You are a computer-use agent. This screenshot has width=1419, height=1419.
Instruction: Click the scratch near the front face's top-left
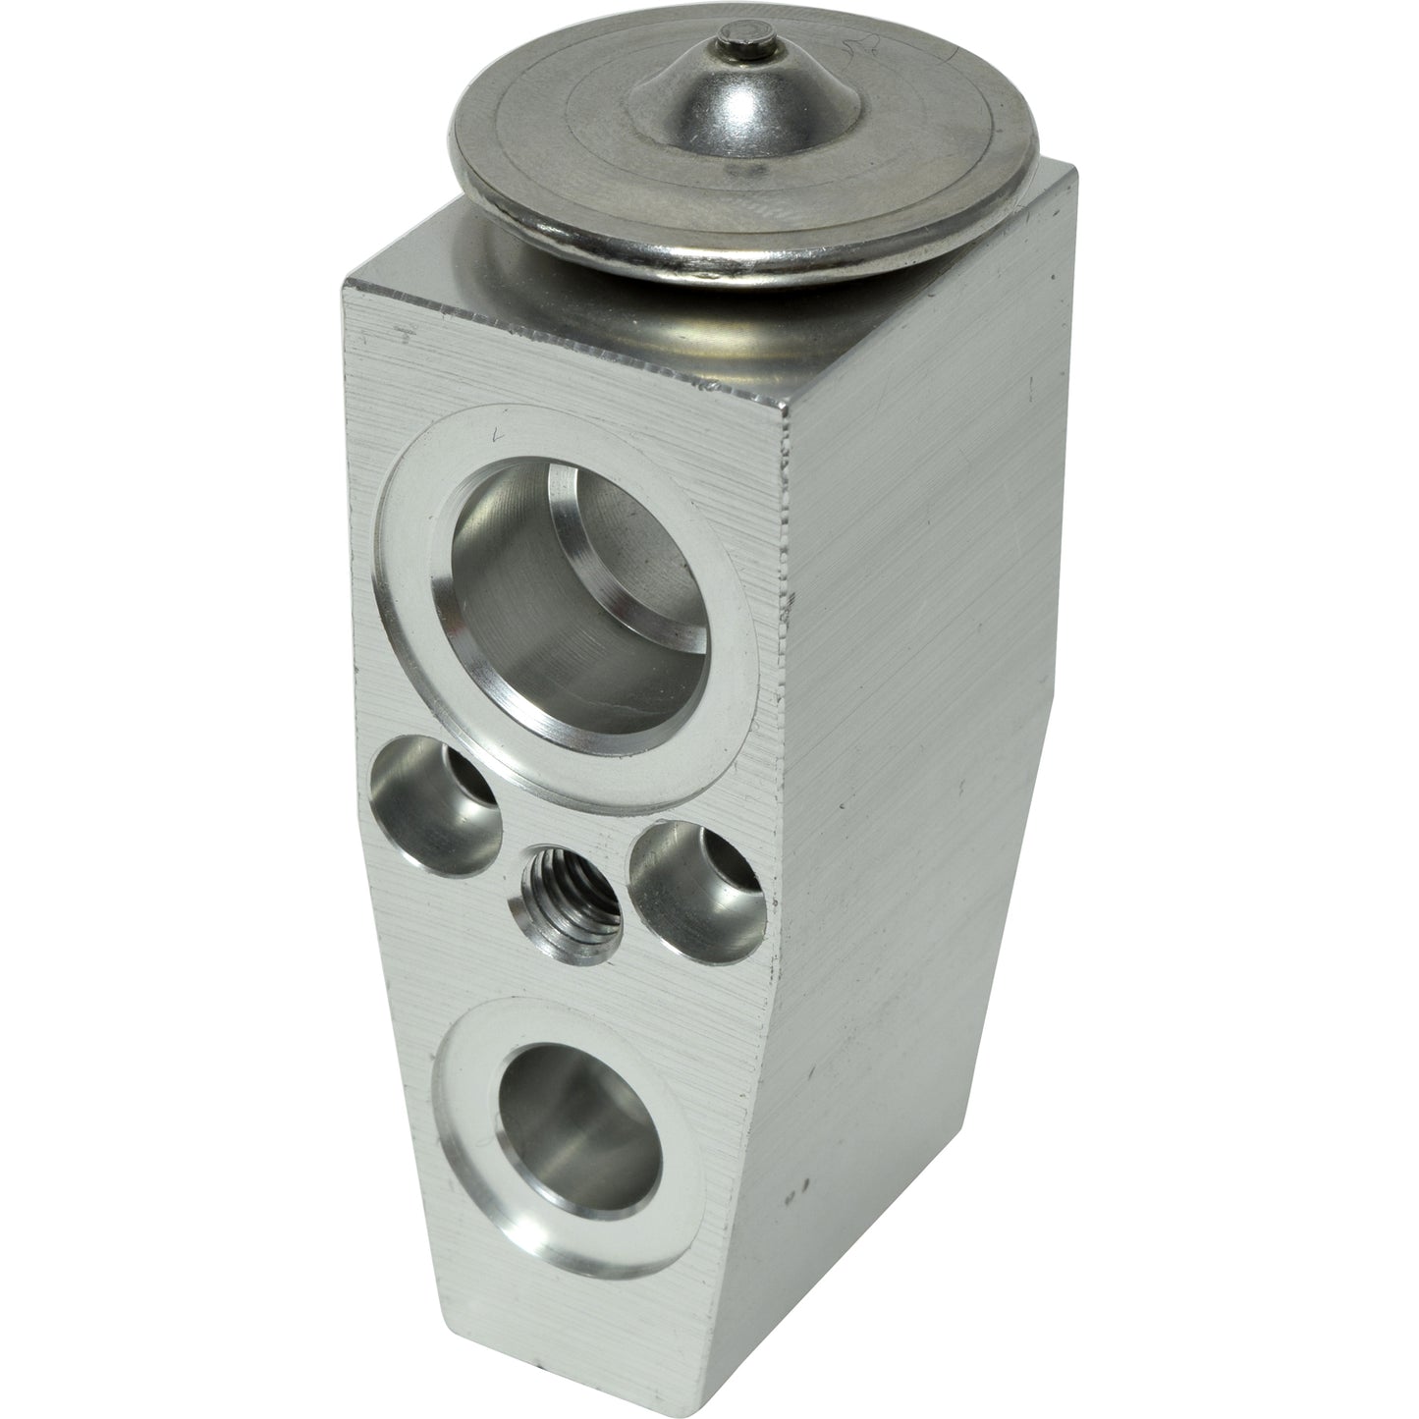point(400,332)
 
